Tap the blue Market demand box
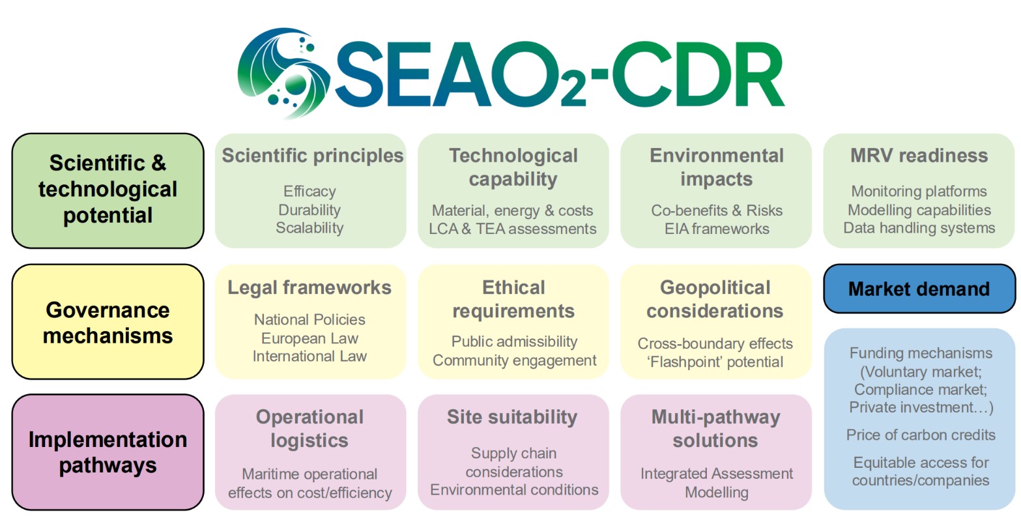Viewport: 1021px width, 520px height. [919, 289]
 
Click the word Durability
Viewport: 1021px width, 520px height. [309, 210]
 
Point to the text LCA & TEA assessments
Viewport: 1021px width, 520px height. [513, 229]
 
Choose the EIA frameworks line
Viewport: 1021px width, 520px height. [717, 229]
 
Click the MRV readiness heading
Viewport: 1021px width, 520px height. [919, 156]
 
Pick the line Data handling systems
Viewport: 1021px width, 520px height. [919, 228]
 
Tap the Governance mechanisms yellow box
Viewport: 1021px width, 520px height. [108, 322]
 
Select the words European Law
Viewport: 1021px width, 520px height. [309, 338]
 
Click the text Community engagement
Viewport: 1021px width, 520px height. [514, 360]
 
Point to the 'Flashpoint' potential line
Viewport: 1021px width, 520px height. [715, 362]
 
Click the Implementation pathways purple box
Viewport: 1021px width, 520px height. [108, 452]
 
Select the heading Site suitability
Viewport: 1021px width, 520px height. [512, 417]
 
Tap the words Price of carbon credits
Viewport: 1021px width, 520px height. [921, 435]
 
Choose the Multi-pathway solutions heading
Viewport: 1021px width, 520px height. [715, 428]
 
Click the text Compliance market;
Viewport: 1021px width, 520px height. [921, 390]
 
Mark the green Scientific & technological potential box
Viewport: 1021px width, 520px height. [108, 190]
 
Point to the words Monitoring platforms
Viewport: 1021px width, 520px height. [919, 192]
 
